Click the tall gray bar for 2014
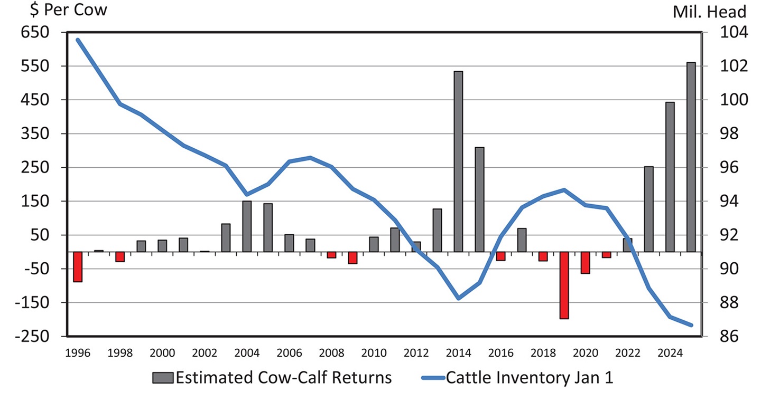point(458,161)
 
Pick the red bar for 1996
point(78,266)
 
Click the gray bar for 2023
point(648,209)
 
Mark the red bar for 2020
point(585,262)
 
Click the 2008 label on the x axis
point(331,353)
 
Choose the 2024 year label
point(670,353)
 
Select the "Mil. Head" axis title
point(710,12)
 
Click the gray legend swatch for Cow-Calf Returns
point(163,378)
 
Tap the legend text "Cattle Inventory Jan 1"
point(530,378)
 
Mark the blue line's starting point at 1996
point(78,40)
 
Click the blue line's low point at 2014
point(458,299)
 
